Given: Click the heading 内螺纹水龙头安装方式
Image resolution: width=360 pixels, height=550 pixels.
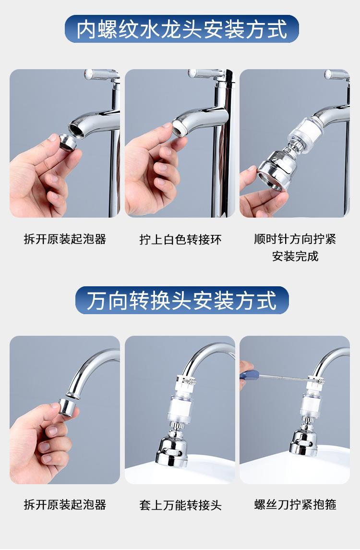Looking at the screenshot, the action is (x=181, y=29).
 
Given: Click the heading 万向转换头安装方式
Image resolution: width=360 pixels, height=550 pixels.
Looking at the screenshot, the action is (x=181, y=301).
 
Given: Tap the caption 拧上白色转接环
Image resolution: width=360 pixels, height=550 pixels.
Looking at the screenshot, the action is (x=180, y=240).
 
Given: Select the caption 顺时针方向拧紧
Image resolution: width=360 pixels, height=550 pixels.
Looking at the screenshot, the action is (x=295, y=239).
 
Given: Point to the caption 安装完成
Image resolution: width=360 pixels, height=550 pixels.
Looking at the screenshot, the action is (x=295, y=256).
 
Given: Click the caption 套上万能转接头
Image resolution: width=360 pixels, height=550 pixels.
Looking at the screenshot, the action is (x=180, y=505).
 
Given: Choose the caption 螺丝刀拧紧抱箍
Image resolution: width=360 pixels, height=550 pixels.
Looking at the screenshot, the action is (x=295, y=504).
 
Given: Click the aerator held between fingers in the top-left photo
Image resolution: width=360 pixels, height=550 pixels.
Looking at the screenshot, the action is (x=68, y=143).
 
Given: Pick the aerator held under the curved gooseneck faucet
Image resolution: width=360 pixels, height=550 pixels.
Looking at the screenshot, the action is (x=67, y=407).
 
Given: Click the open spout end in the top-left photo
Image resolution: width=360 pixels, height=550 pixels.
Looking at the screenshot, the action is (x=77, y=128).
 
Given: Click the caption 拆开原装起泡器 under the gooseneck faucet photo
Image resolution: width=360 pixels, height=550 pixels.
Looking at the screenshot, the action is (x=65, y=504).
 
